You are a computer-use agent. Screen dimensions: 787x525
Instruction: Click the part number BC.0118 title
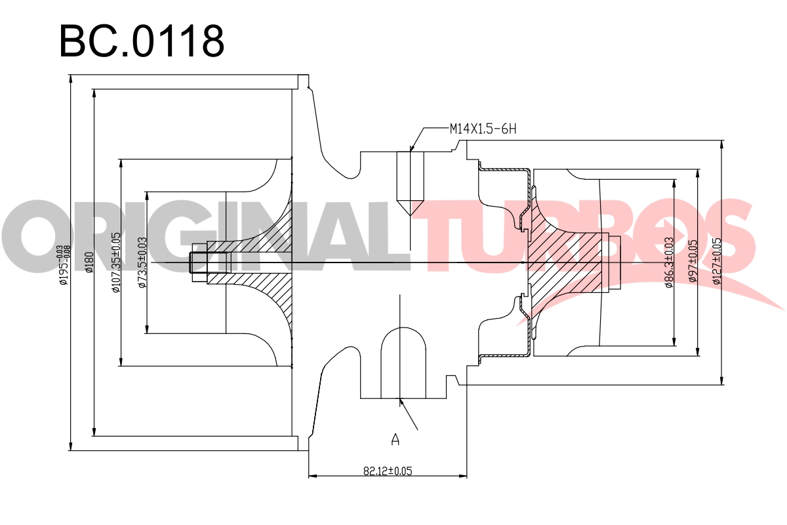pyautogui.click(x=142, y=41)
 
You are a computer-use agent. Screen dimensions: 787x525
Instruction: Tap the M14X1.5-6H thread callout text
pyautogui.click(x=483, y=129)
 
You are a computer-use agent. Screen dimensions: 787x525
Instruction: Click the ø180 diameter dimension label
pyautogui.click(x=89, y=262)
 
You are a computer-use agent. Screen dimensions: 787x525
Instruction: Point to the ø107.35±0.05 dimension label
pyautogui.click(x=116, y=262)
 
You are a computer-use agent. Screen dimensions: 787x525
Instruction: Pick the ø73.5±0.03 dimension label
pyautogui.click(x=142, y=262)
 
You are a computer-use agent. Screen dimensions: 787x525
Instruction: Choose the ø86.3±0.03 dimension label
pyautogui.click(x=670, y=262)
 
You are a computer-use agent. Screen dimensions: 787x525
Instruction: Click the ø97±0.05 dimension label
pyautogui.click(x=693, y=261)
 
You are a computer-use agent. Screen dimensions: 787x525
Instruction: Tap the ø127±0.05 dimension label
pyautogui.click(x=717, y=261)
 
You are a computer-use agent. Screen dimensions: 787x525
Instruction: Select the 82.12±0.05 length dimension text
pyautogui.click(x=388, y=471)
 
